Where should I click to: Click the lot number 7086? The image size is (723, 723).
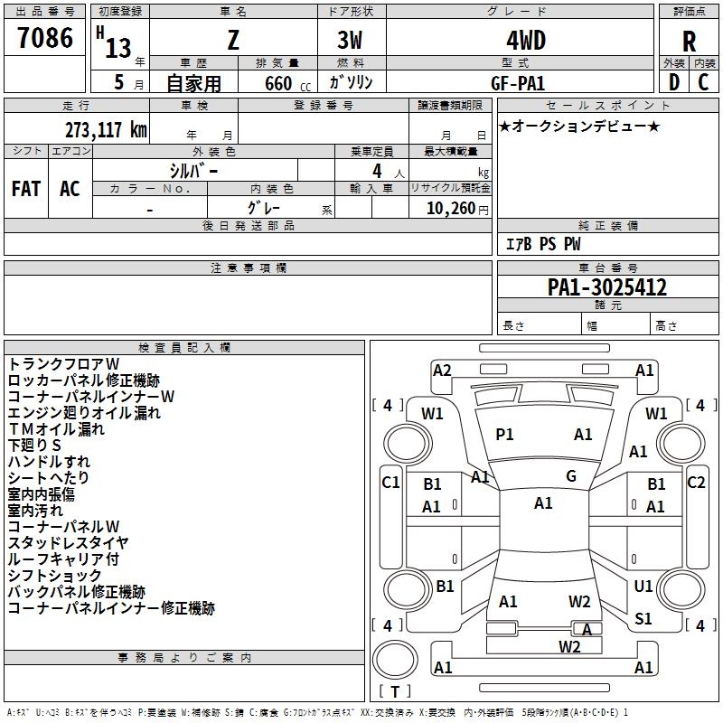(45, 38)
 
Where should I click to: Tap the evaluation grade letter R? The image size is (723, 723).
(689, 42)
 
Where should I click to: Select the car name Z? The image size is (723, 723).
(233, 40)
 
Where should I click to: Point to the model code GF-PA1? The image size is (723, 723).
(520, 82)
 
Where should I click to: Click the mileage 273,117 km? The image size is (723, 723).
(106, 129)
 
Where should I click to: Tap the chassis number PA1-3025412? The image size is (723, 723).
(607, 287)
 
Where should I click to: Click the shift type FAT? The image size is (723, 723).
(25, 188)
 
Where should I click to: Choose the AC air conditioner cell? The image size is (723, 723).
(70, 188)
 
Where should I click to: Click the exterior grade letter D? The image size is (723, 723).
(673, 82)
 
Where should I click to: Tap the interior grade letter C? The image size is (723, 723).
(704, 82)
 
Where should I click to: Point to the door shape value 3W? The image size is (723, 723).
(351, 40)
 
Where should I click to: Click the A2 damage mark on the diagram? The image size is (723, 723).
(442, 370)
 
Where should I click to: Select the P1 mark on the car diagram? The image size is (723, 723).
(504, 435)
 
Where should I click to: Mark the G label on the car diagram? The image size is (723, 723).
(571, 476)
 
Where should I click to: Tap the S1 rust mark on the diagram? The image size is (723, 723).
(643, 619)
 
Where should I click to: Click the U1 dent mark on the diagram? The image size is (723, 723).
(643, 587)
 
